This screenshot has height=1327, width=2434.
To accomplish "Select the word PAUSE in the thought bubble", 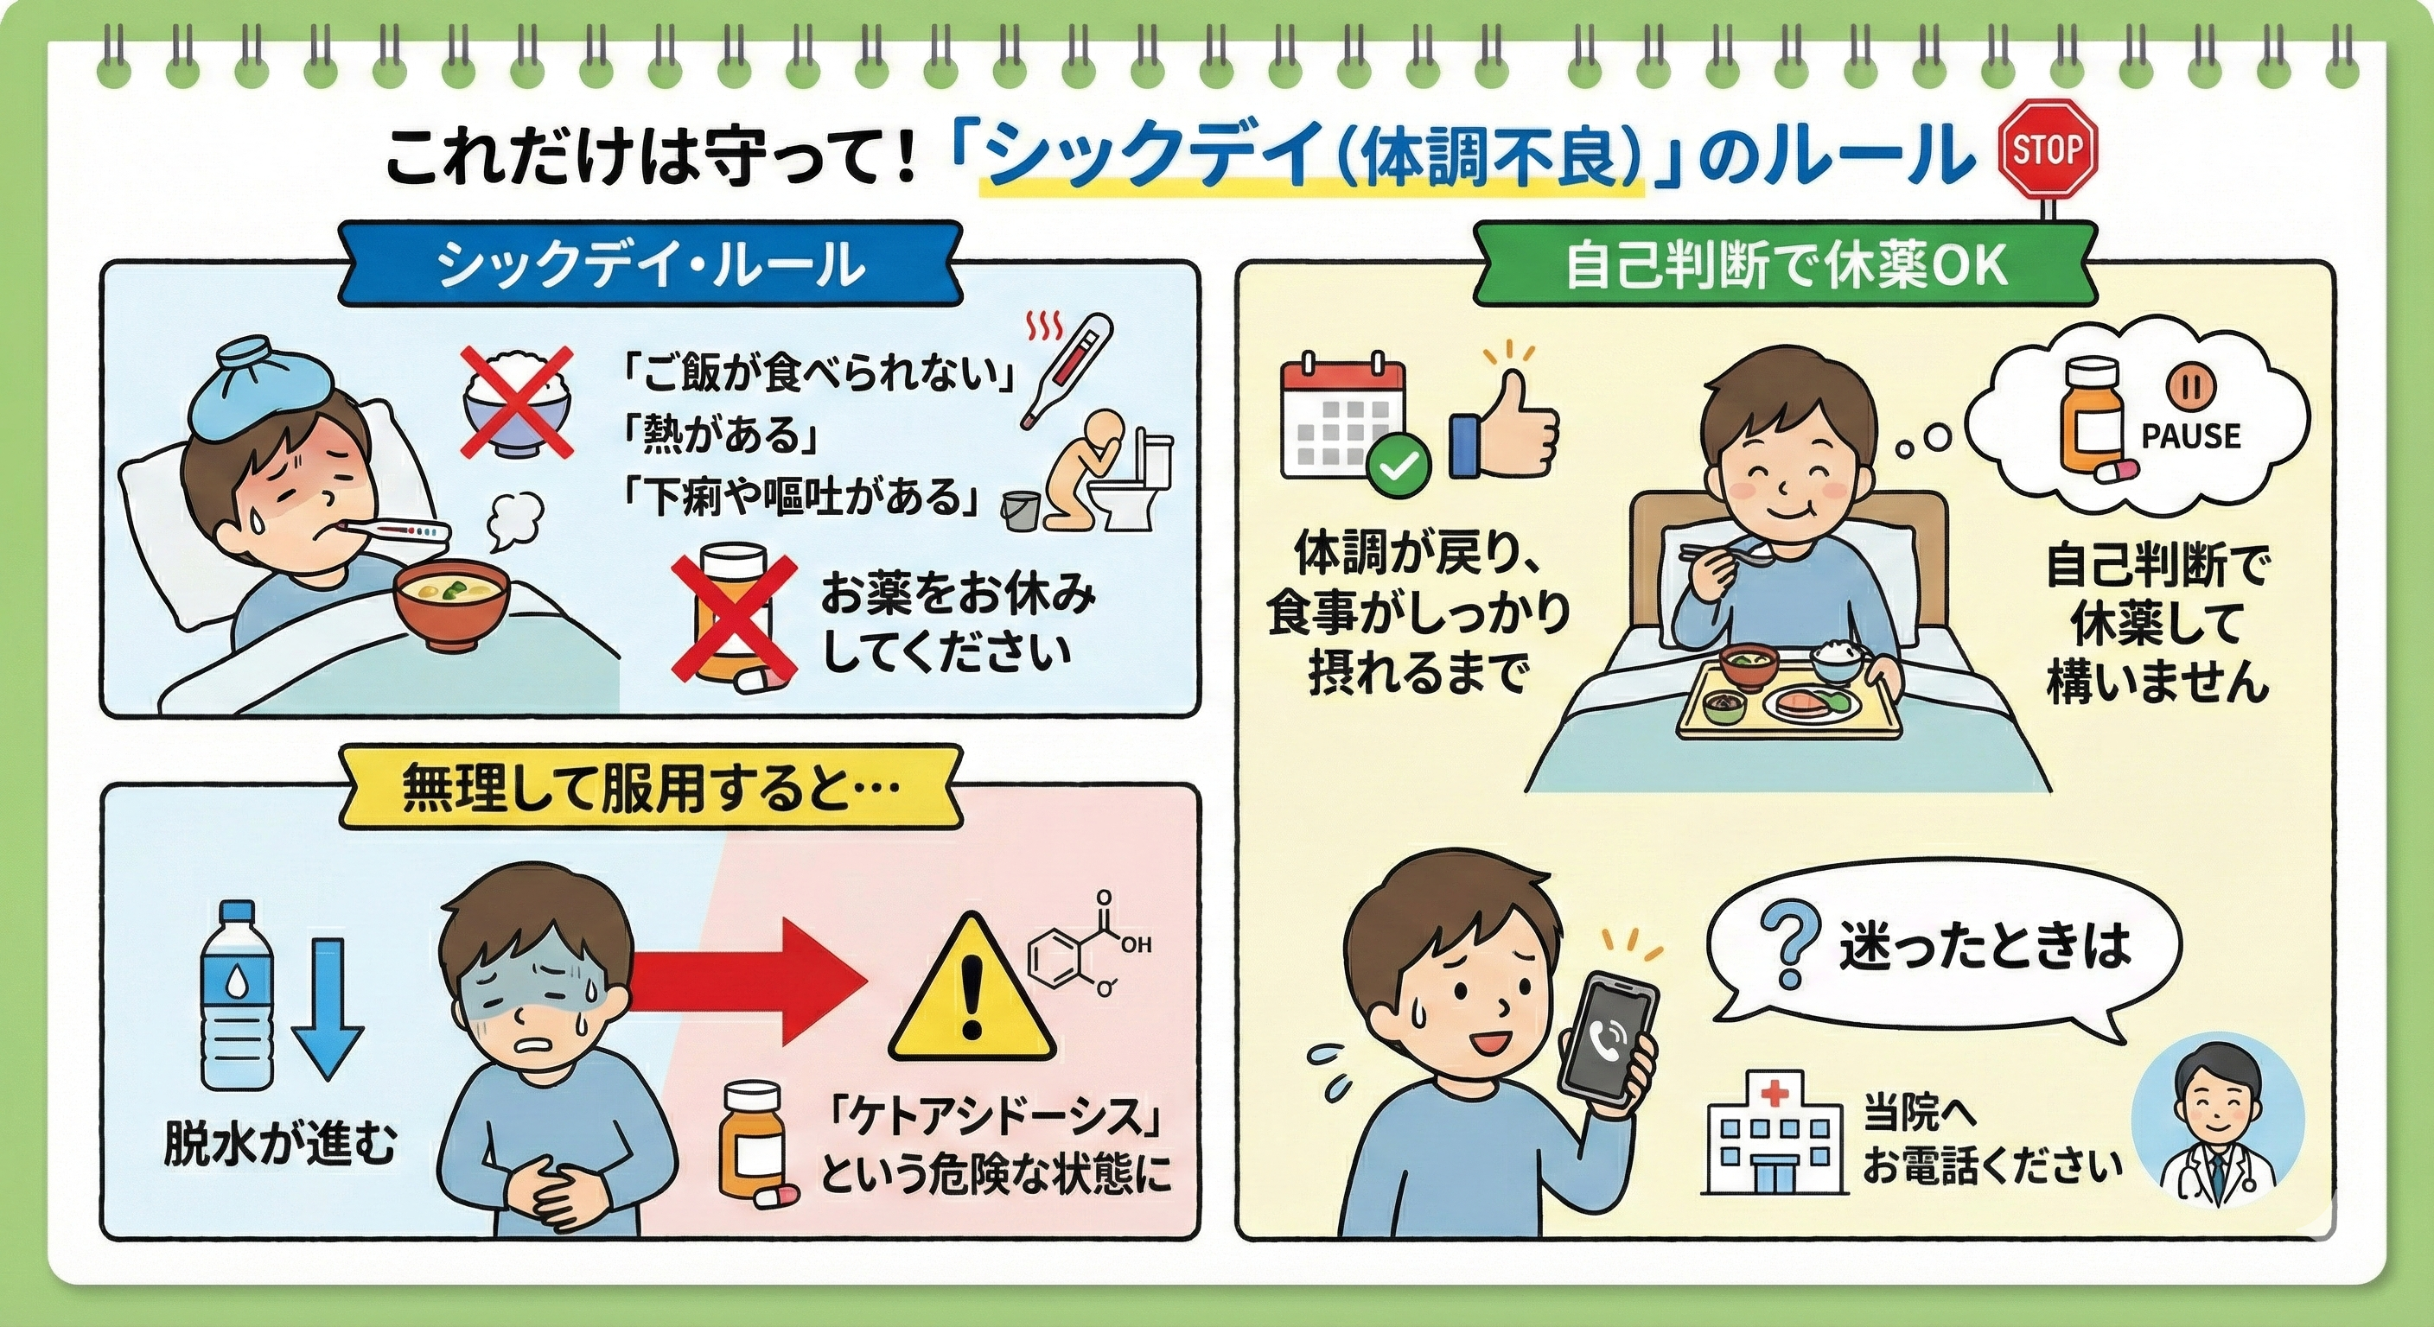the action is (2190, 436).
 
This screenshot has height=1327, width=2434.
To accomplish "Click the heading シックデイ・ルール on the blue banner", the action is (650, 265).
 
